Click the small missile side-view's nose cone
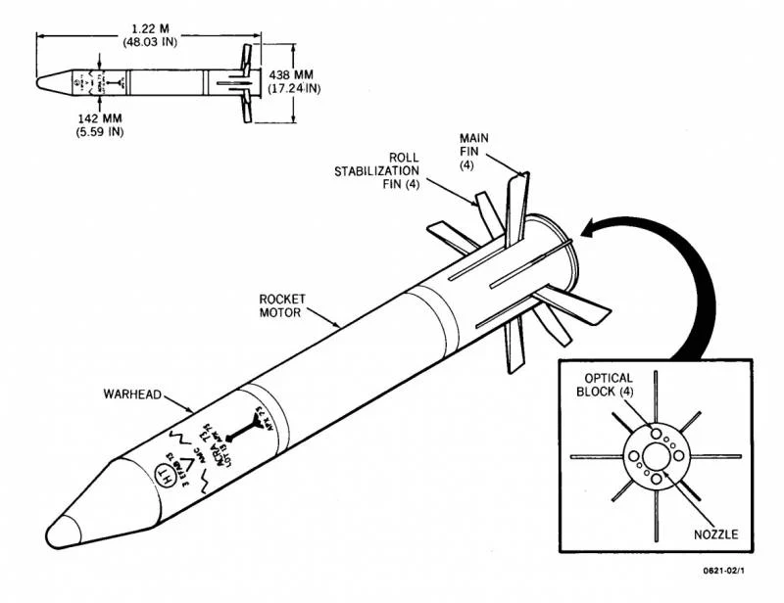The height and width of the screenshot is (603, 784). (x=49, y=81)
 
